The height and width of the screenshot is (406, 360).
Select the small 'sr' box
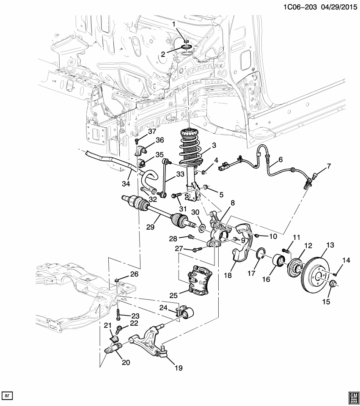[x=7, y=395]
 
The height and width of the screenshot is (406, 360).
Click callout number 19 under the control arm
[x=178, y=368]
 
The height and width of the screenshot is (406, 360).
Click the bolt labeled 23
[x=118, y=315]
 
